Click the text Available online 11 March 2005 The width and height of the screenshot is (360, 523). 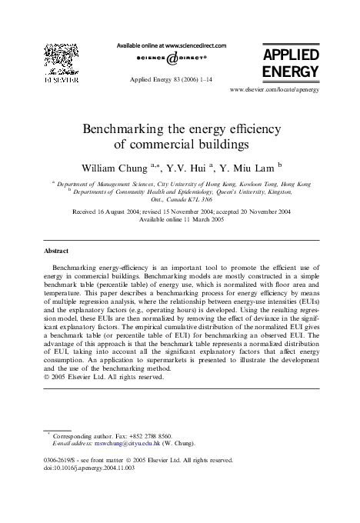179,218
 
